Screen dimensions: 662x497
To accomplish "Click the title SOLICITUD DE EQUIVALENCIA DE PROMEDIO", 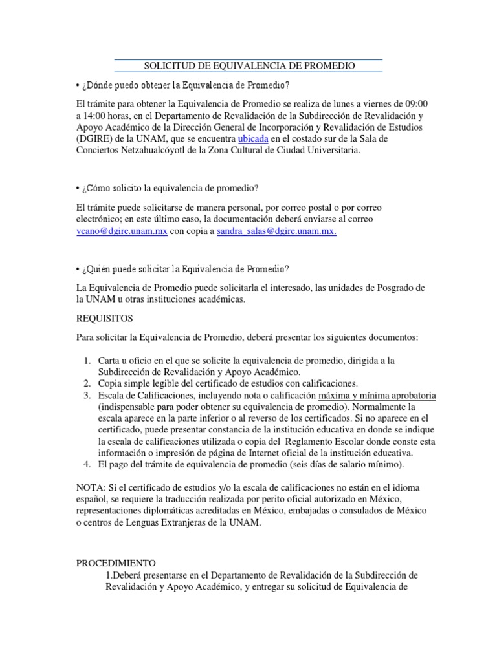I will click(248, 66).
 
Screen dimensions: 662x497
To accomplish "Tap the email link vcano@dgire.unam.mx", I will click(122, 231).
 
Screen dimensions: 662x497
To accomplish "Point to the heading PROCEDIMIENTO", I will click(120, 563).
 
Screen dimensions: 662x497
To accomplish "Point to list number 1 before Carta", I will click(87, 360).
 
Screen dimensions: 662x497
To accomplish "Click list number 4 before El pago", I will click(87, 465).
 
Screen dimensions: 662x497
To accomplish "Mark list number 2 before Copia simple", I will click(87, 383).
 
